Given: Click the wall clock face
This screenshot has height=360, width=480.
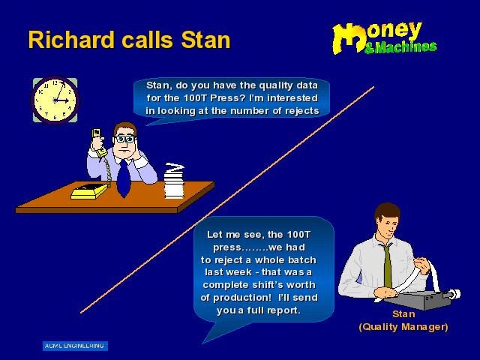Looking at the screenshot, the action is click(x=55, y=100).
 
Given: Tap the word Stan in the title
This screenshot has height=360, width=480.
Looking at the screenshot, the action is click(x=205, y=40).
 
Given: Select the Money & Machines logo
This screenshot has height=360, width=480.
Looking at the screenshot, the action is click(x=385, y=38).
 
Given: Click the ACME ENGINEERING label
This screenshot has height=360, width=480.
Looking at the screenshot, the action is click(x=75, y=346).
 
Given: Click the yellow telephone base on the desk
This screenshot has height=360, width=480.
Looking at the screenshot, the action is click(x=89, y=191).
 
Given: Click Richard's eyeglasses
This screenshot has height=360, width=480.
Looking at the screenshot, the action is click(x=125, y=139).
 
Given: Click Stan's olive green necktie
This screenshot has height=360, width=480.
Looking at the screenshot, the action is click(x=387, y=265).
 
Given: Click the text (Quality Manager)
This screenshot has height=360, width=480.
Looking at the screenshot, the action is click(x=403, y=327).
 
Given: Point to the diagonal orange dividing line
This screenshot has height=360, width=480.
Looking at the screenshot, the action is click(x=226, y=200).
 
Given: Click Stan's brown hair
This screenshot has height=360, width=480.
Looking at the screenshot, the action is click(x=388, y=212).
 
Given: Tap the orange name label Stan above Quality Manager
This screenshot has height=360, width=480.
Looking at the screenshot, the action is click(x=403, y=314).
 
